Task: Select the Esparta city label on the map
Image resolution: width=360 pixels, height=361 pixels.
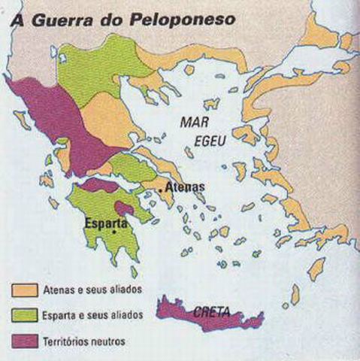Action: pyautogui.click(x=105, y=223)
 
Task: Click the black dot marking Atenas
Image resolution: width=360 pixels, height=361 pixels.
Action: pyautogui.click(x=160, y=192)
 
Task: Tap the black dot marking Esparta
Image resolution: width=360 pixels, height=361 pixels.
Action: pyautogui.click(x=113, y=232)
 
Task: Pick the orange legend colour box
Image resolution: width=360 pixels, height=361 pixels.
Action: pyautogui.click(x=23, y=290)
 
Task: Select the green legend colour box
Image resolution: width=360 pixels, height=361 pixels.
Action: pyautogui.click(x=23, y=315)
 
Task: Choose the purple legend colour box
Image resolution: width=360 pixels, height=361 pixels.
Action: pyautogui.click(x=23, y=341)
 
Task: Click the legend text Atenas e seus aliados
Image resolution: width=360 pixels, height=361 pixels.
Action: pyautogui.click(x=91, y=290)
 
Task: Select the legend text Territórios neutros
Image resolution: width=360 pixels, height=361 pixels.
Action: pyautogui.click(x=83, y=341)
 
